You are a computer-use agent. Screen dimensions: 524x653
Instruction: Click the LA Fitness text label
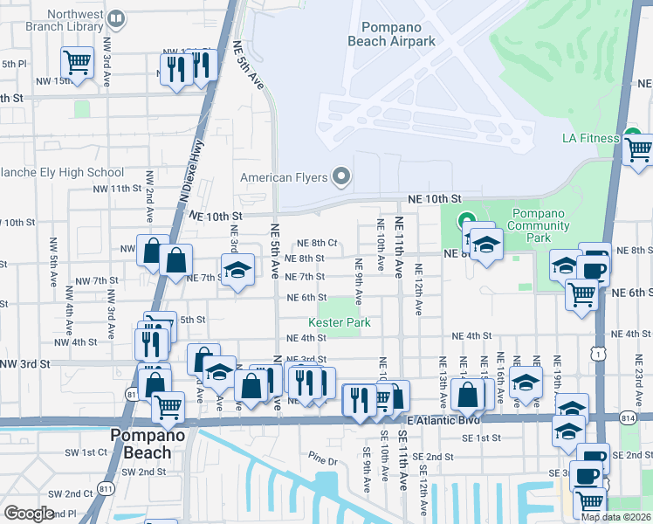point(589,138)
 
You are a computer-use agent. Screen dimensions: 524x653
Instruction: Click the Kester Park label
point(340,323)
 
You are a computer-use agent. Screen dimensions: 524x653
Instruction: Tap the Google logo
point(29,514)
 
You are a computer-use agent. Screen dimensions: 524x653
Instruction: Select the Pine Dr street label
point(322,459)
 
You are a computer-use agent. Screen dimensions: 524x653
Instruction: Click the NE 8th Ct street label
point(317,243)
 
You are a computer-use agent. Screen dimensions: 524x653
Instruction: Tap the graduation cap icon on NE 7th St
point(236,270)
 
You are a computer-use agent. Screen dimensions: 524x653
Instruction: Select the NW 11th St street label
point(117,189)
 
